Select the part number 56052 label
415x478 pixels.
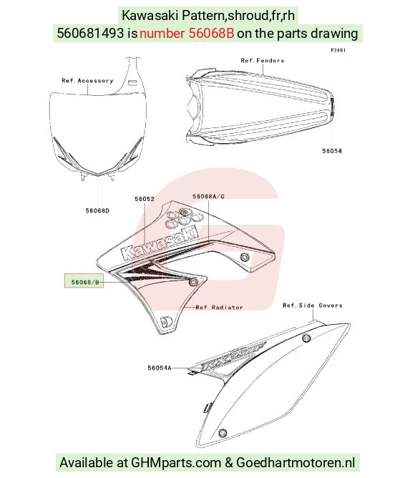(145, 199)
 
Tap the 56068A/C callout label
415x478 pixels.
(208, 197)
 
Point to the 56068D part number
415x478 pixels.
(97, 210)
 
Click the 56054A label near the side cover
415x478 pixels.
(160, 368)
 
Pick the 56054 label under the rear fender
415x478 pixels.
(332, 151)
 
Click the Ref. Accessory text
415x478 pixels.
(87, 81)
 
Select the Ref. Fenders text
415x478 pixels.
(263, 61)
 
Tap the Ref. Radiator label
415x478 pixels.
(219, 307)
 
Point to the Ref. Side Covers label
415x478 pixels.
(313, 306)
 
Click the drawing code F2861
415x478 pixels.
(338, 50)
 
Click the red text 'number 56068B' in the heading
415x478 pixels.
(187, 33)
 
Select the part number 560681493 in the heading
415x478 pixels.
(90, 33)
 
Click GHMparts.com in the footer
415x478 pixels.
(176, 463)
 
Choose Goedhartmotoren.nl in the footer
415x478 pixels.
(296, 463)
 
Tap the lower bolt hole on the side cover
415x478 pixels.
(223, 433)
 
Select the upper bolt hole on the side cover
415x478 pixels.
(306, 338)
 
